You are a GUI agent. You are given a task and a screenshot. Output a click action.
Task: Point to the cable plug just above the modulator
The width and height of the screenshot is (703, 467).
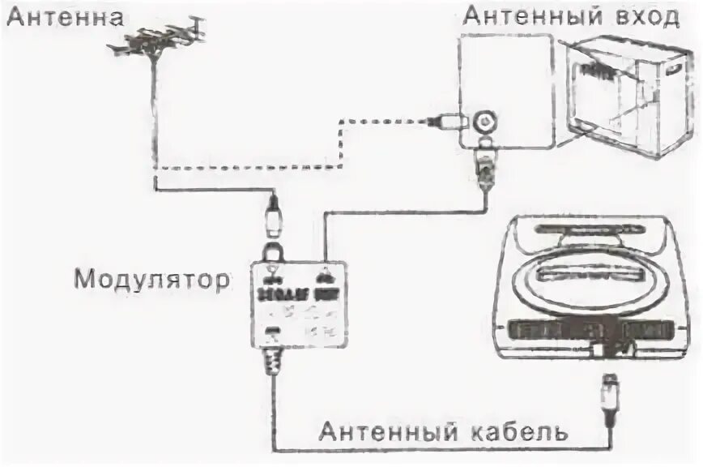274,219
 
